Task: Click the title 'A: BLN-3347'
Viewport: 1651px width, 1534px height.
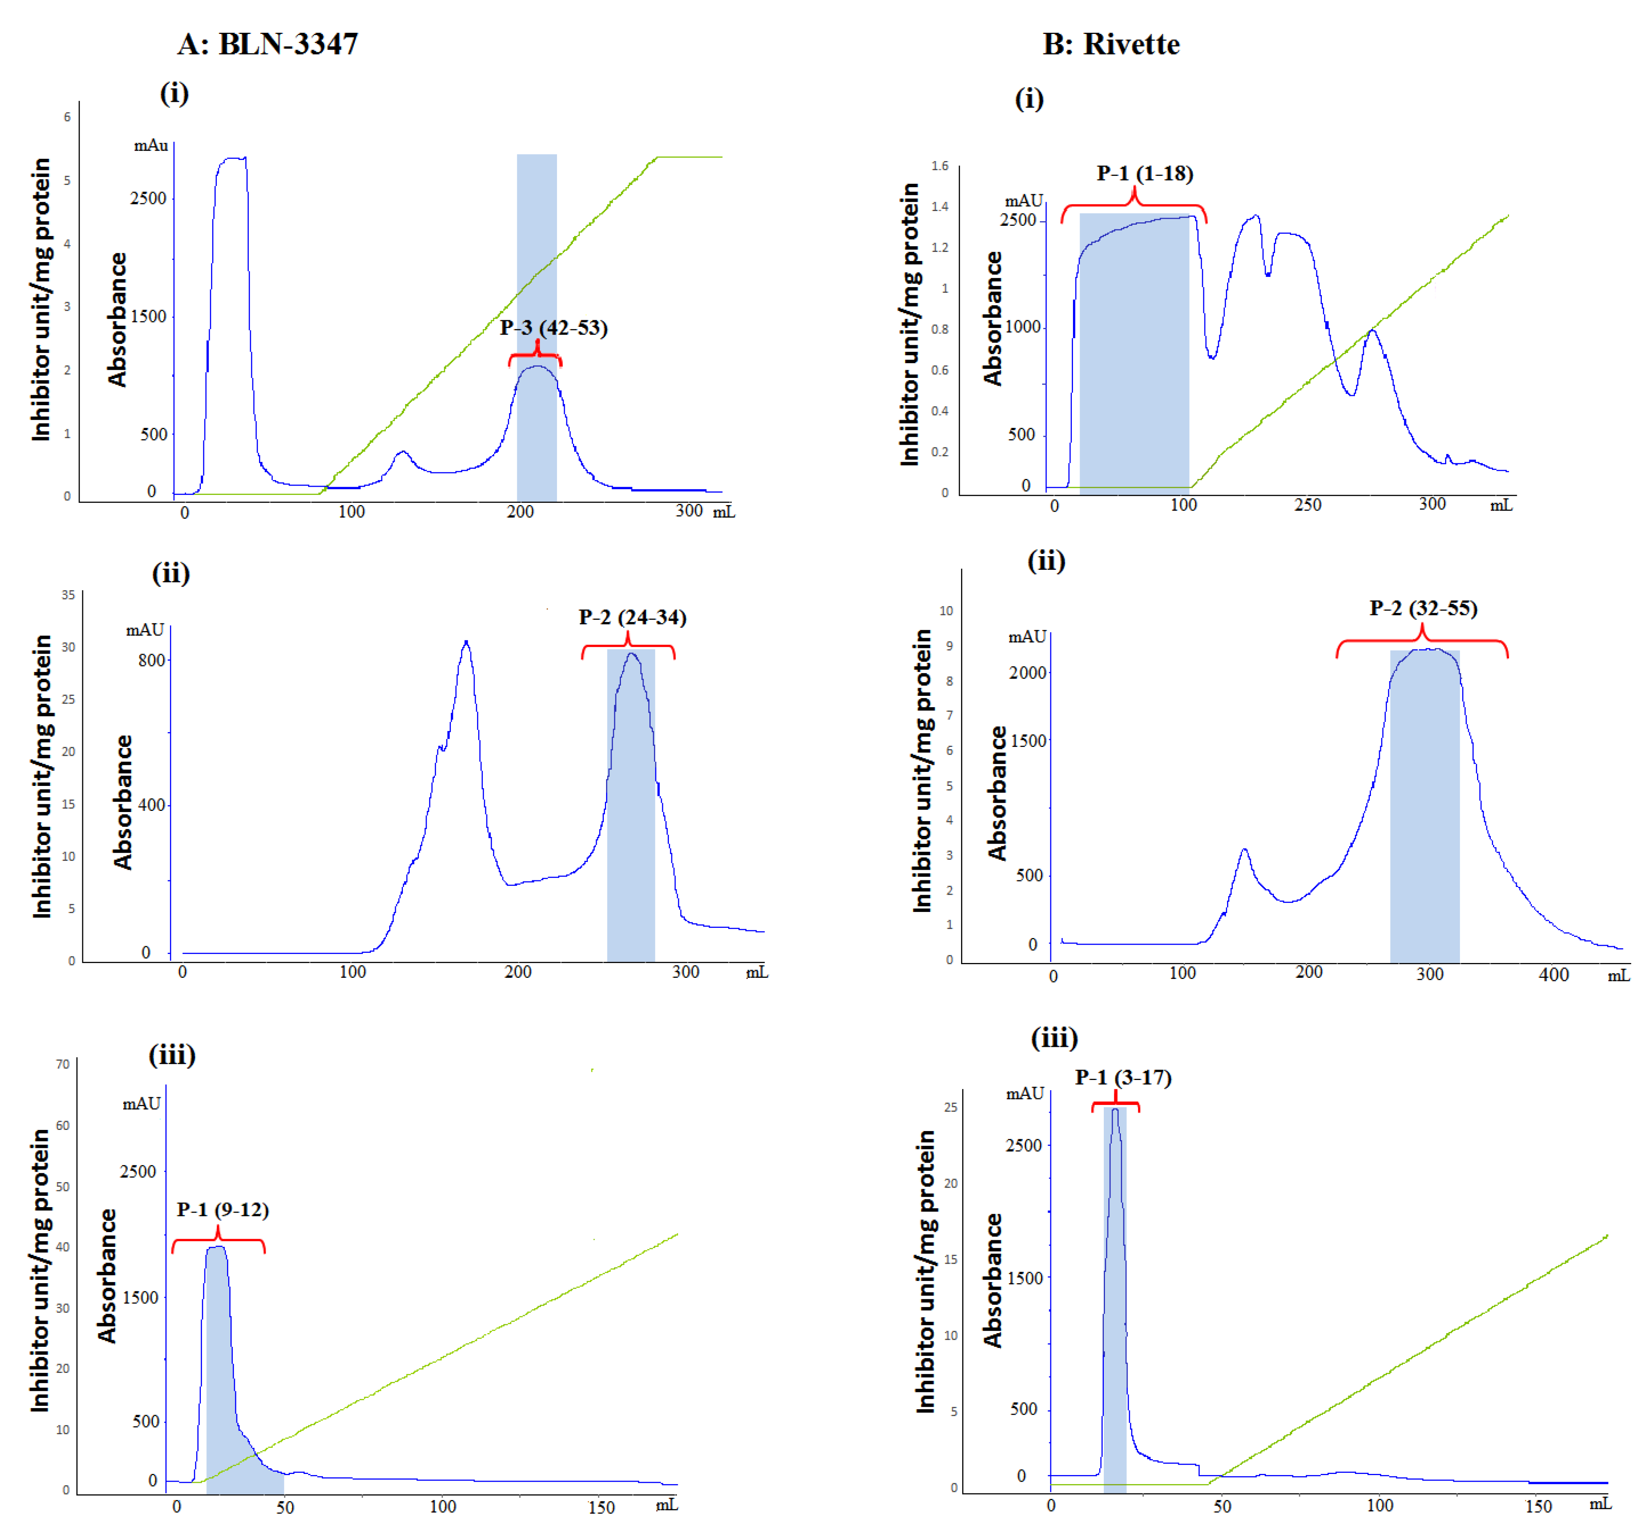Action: [267, 44]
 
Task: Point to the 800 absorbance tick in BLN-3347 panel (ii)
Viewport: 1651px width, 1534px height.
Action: [151, 660]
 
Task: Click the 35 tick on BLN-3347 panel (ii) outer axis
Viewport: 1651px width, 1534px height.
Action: [68, 595]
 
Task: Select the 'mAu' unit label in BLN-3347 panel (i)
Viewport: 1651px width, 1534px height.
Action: [151, 146]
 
